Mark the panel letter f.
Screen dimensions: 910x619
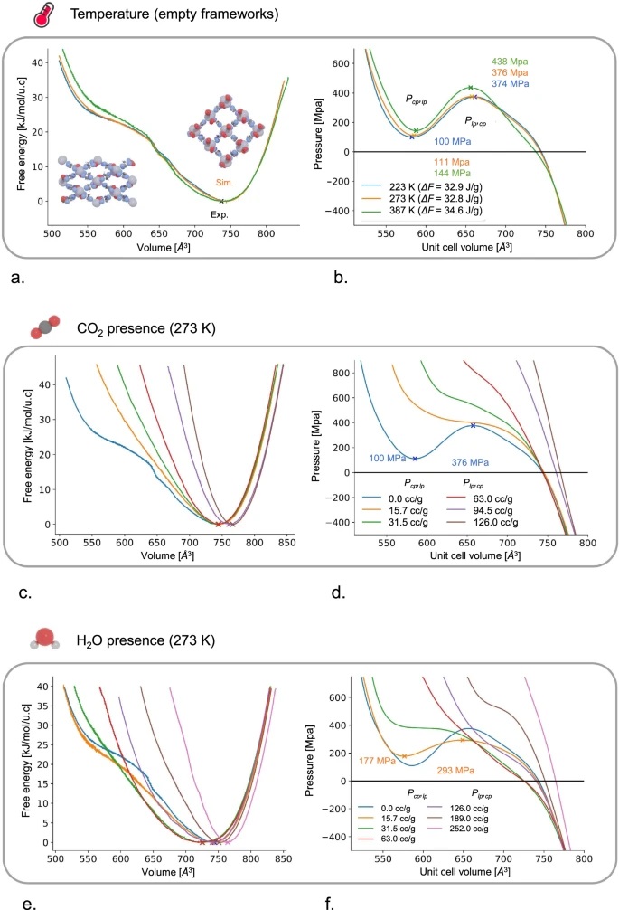point(324,901)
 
